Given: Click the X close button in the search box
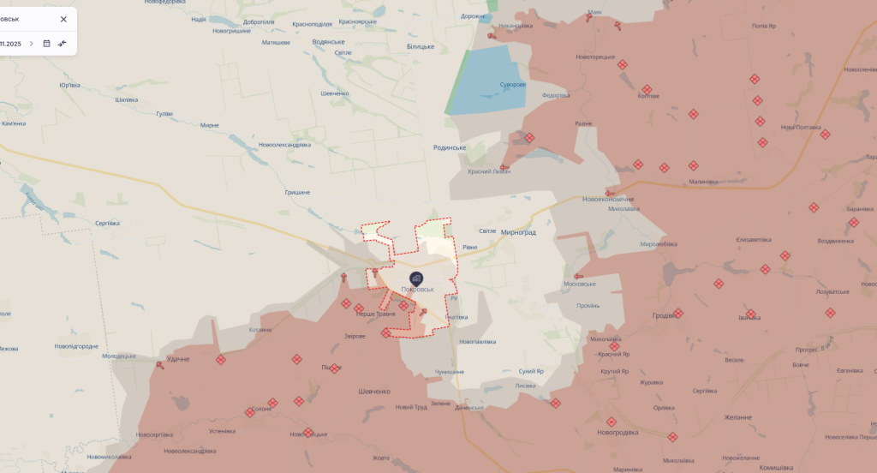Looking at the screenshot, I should tap(63, 19).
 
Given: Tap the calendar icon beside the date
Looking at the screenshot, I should tap(47, 44).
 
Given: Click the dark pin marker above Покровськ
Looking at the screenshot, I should tap(416, 278).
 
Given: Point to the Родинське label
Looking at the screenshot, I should tap(450, 147).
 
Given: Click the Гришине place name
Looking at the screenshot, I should tap(297, 193).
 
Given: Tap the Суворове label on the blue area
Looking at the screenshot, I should tap(513, 85).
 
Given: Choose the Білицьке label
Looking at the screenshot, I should tap(421, 46).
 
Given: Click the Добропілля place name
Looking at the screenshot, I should tap(259, 21).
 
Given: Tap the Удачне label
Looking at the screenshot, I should tap(178, 359).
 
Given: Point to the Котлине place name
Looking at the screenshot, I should tap(260, 330).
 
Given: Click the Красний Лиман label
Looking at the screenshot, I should tap(489, 171).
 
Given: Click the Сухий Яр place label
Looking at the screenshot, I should tap(531, 371).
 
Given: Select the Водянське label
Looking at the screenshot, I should tap(328, 41).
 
